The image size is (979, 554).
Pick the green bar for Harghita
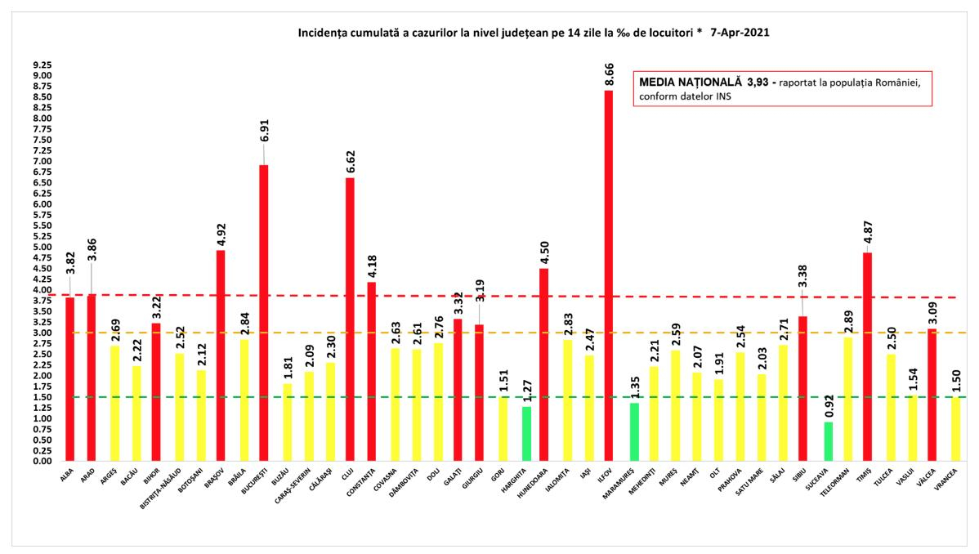click(527, 434)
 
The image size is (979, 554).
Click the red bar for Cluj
click(350, 319)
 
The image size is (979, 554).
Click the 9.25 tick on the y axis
click(41, 65)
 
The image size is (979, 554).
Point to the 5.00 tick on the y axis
click(41, 248)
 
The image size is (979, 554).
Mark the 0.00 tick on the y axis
click(41, 462)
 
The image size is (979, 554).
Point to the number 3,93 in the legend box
click(758, 83)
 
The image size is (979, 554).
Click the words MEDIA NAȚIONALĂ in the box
click(690, 83)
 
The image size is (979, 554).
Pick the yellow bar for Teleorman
click(847, 400)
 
